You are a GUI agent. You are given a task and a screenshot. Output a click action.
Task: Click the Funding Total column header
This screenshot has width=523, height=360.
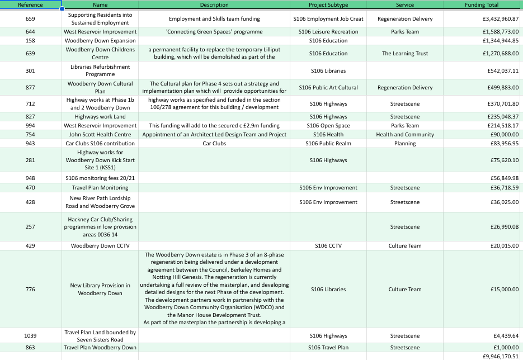(x=481, y=5)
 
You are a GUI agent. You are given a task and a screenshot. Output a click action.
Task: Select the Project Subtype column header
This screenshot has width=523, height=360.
(x=328, y=5)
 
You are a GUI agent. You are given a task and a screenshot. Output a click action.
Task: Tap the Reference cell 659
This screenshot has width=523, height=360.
(x=30, y=19)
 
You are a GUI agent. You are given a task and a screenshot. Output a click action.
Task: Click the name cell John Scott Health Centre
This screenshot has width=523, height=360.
(x=100, y=135)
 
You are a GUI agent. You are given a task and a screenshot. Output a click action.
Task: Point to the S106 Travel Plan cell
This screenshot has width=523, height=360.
(x=328, y=348)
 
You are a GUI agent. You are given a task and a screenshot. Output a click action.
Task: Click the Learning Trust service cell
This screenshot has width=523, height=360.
(x=405, y=54)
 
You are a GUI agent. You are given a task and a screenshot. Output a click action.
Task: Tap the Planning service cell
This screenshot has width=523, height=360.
(x=405, y=144)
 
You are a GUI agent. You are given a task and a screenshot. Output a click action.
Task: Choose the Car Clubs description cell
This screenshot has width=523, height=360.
(x=214, y=144)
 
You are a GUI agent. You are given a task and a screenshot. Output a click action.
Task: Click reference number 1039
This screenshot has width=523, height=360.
(x=30, y=336)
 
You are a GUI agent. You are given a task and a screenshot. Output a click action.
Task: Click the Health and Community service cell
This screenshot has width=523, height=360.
(x=405, y=135)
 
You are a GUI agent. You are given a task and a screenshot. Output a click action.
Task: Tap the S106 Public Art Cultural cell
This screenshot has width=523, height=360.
(x=328, y=88)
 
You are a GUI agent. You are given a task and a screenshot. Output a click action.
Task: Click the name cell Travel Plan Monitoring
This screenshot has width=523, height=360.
(x=100, y=188)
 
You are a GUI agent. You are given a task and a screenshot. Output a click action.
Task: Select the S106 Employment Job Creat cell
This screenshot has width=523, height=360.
(x=328, y=19)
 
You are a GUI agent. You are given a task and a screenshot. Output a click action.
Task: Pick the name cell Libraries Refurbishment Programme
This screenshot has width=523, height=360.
(x=100, y=70)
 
